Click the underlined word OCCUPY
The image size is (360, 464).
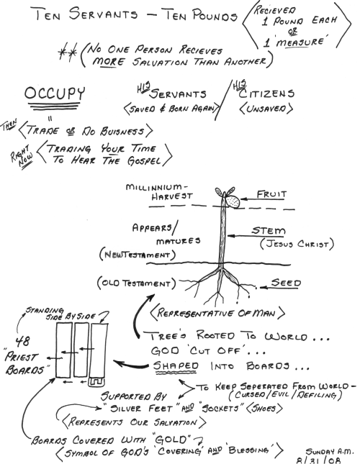click(x=55, y=93)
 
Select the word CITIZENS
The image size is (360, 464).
click(x=266, y=94)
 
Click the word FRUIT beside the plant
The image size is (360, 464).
click(x=271, y=194)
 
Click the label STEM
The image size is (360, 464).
click(x=269, y=230)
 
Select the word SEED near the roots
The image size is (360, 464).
click(x=286, y=283)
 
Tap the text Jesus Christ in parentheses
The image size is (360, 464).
click(x=297, y=244)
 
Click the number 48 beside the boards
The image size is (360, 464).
click(x=22, y=341)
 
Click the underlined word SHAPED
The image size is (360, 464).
click(x=176, y=365)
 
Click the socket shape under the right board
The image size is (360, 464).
click(x=96, y=382)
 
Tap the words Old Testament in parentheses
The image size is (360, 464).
click(x=136, y=283)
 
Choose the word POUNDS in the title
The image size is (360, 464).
click(x=215, y=15)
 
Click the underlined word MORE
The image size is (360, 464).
click(x=108, y=61)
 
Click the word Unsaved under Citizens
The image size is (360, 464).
click(x=266, y=109)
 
